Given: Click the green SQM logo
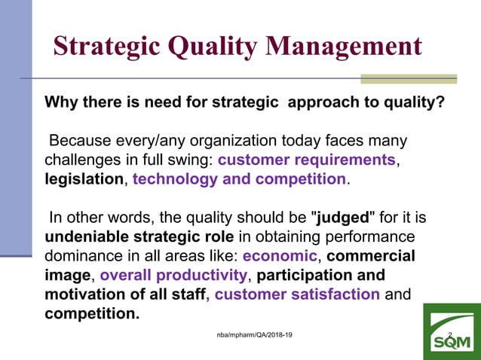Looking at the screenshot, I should [x=451, y=332].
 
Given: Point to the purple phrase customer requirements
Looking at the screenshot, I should [x=306, y=160].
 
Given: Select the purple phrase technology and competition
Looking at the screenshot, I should [x=239, y=179].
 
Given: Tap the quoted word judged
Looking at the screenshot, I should [x=342, y=218].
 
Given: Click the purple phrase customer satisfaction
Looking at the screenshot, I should [x=297, y=294].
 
